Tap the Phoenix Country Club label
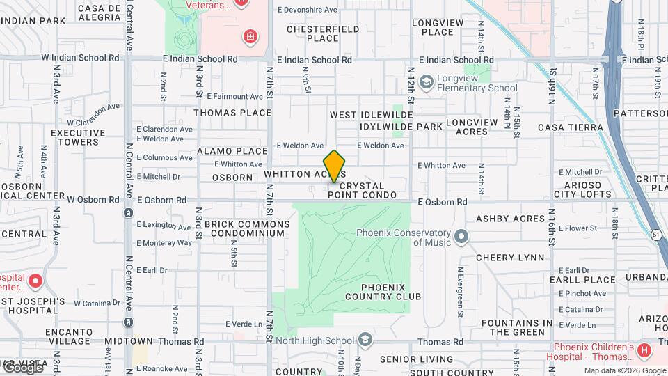click(391, 292)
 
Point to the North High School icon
click(364, 340)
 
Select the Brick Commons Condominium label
click(247, 228)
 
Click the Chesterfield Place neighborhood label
click(323, 33)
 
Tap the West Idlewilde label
click(372, 115)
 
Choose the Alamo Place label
click(232, 151)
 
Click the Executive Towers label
click(77, 137)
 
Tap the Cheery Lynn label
click(510, 258)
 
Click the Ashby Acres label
click(510, 219)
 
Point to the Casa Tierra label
click(571, 127)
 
